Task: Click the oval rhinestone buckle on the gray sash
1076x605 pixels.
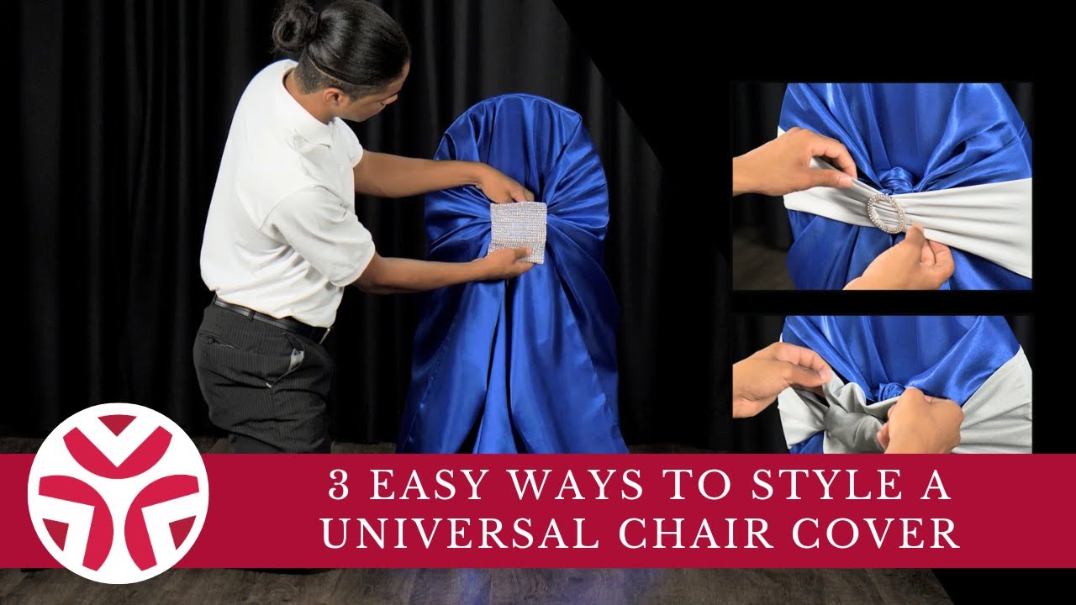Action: pyautogui.click(x=886, y=213)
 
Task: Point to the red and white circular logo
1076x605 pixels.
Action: pyautogui.click(x=118, y=493)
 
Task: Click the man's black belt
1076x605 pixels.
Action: pyautogui.click(x=269, y=318)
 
